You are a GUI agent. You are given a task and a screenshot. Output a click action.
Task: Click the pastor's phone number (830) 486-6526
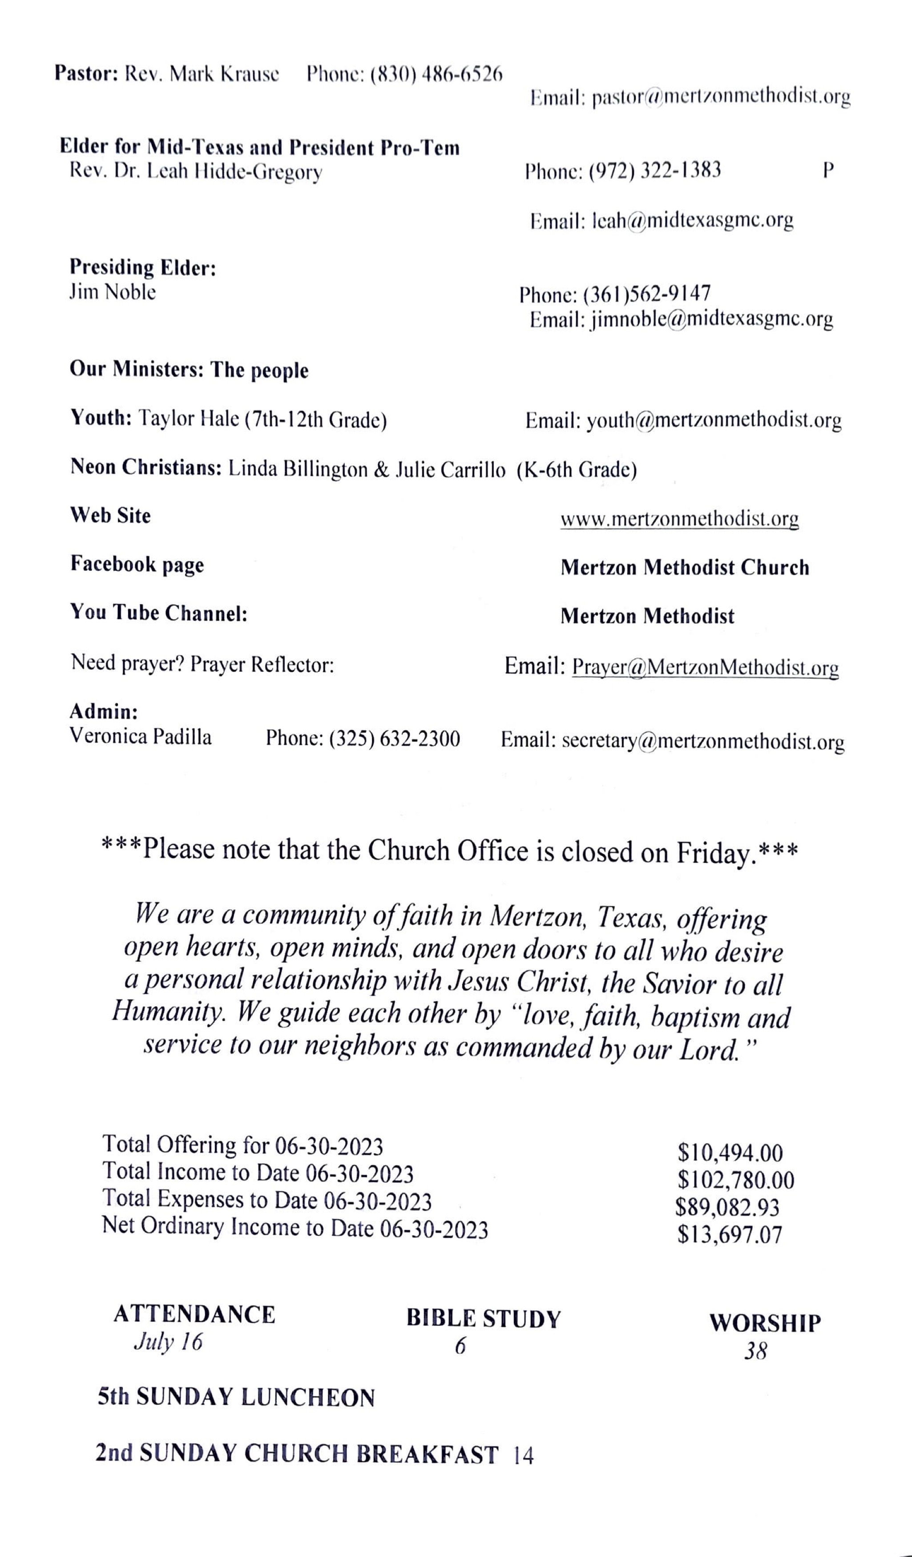[436, 75]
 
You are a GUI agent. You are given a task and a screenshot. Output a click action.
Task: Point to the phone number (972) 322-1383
[654, 170]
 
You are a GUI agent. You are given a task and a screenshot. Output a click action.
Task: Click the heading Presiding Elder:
[143, 267]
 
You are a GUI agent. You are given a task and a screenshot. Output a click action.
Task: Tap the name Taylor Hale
[189, 419]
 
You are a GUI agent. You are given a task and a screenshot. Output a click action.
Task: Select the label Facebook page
[137, 564]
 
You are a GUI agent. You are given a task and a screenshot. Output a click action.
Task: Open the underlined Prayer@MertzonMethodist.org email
[705, 667]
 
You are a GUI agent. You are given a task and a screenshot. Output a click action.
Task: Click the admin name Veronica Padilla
[140, 737]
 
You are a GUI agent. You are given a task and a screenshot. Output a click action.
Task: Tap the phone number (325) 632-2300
[394, 738]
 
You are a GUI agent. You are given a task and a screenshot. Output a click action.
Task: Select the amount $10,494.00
[730, 1153]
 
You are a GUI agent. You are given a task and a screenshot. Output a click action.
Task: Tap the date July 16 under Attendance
[168, 1342]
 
